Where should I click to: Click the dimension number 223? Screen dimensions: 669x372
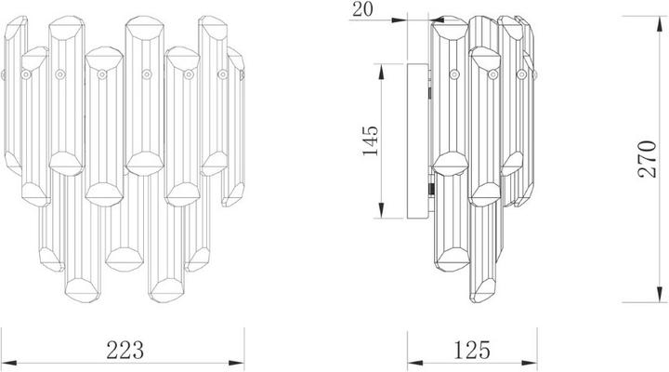coord(125,350)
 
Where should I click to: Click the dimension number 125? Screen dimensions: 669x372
coord(472,350)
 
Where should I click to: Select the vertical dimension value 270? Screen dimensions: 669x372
coord(647,159)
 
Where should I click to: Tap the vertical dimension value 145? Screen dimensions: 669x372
coord(370,141)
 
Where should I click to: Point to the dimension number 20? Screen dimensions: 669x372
coord(362,9)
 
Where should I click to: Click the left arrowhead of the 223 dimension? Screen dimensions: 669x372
coord(8,363)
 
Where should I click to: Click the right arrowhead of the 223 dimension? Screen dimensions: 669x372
coord(236,363)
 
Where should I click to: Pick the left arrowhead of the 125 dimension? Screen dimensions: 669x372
coord(415,364)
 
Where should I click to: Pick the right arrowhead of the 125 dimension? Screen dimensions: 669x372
coord(529,364)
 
